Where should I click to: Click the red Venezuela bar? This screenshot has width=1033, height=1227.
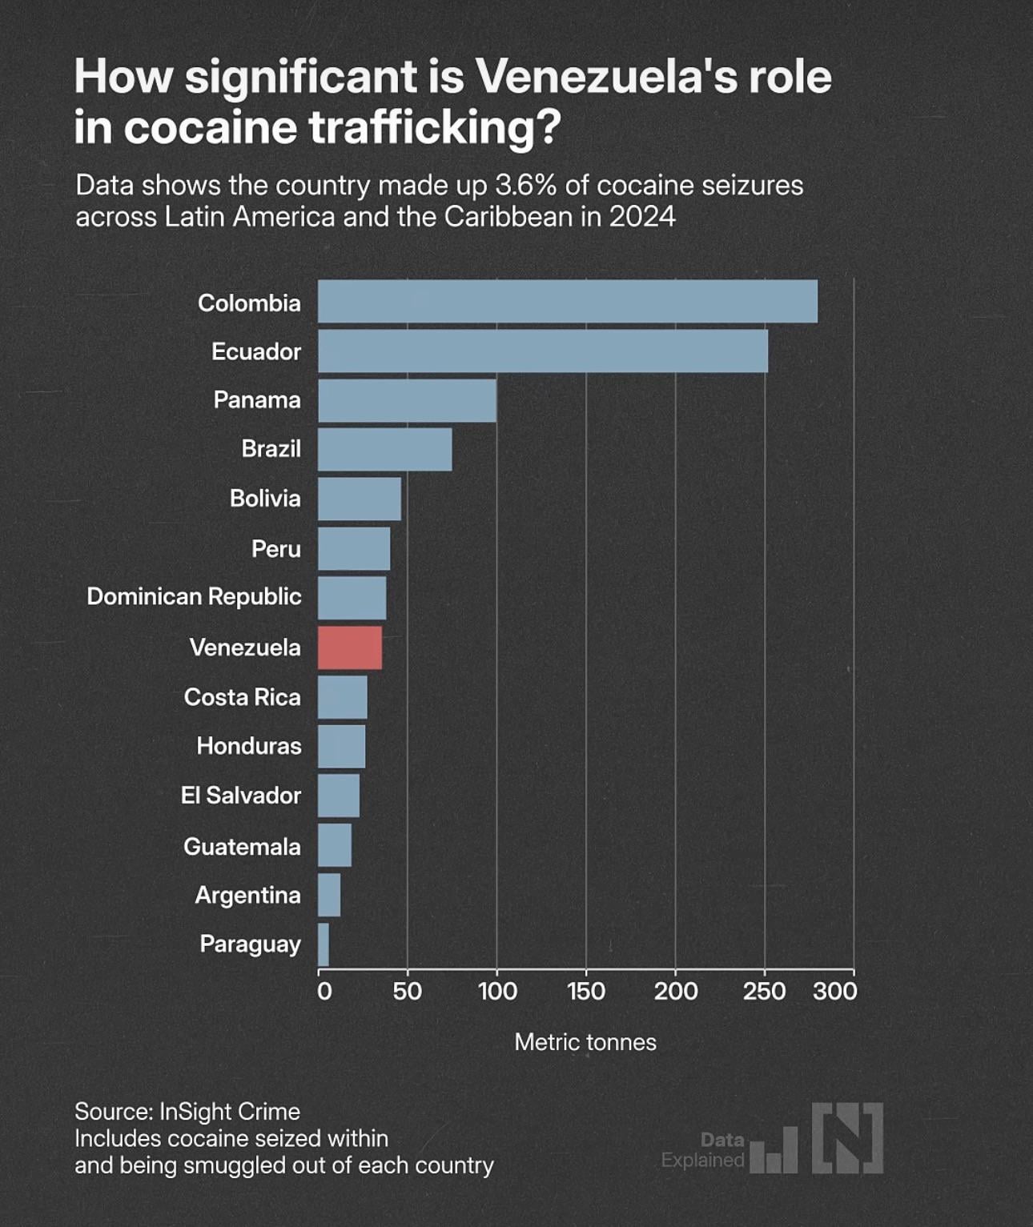[350, 648]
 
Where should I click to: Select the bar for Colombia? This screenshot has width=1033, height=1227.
[568, 302]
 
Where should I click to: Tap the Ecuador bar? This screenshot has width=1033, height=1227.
[543, 351]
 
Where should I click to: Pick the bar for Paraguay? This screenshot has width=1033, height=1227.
[324, 944]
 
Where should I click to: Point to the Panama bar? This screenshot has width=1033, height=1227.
[407, 400]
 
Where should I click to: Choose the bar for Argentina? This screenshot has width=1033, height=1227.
[329, 895]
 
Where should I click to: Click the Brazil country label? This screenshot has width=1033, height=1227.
[271, 448]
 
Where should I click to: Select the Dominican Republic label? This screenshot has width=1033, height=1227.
[194, 596]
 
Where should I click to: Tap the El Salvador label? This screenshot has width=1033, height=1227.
[240, 795]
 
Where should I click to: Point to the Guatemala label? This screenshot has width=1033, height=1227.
[242, 846]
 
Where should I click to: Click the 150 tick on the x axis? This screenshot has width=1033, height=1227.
[586, 991]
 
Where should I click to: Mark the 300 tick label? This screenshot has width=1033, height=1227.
[835, 991]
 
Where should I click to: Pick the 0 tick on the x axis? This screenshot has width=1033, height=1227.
[324, 991]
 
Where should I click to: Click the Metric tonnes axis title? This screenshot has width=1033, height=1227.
[585, 1041]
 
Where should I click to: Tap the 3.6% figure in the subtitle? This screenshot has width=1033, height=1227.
[525, 185]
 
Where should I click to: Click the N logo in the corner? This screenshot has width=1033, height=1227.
[848, 1137]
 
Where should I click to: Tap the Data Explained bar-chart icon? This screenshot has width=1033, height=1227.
[774, 1151]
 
